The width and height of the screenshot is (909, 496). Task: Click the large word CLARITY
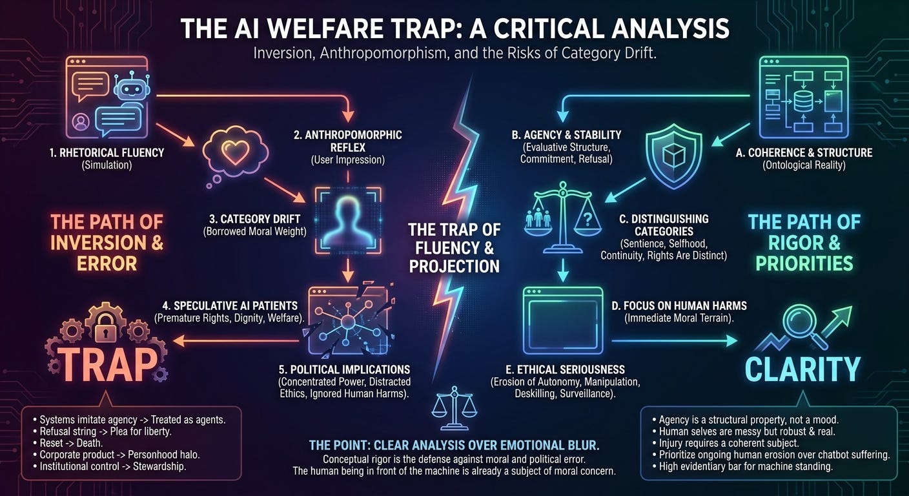(x=802, y=368)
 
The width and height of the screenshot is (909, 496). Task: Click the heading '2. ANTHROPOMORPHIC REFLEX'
(x=347, y=141)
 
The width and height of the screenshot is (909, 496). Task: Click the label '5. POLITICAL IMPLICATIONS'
(x=343, y=369)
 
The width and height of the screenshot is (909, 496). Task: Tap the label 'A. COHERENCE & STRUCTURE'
(x=804, y=153)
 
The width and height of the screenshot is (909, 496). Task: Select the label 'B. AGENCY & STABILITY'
(x=566, y=135)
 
